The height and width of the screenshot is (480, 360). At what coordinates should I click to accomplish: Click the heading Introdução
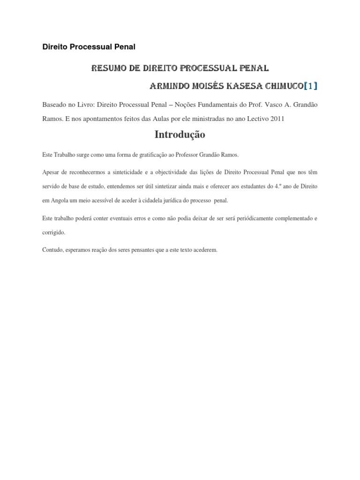(x=180, y=135)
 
